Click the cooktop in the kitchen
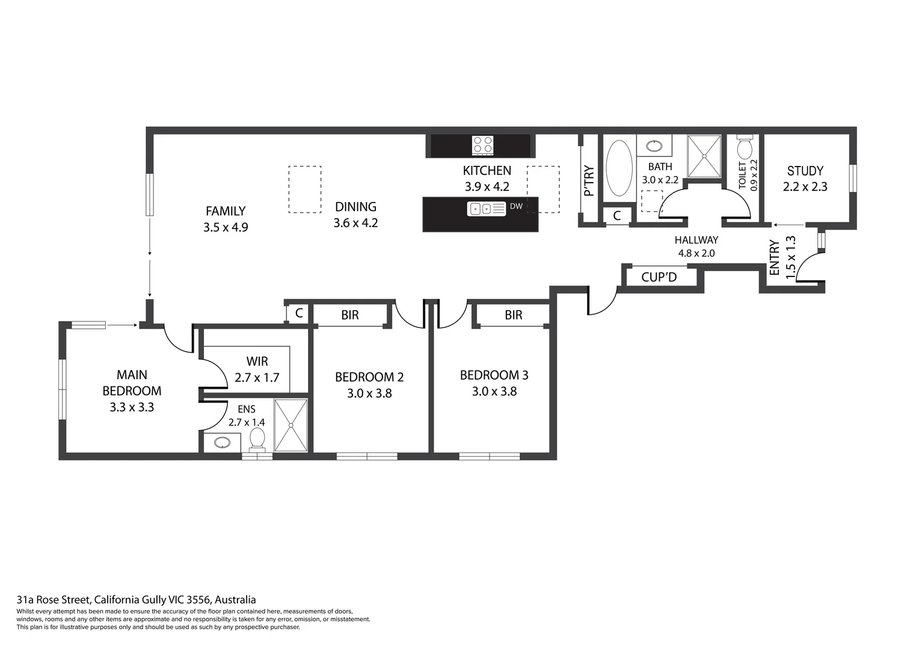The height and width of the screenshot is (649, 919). point(482,145)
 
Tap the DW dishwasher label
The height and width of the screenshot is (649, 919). point(516,206)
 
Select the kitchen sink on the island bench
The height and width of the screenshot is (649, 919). point(486,209)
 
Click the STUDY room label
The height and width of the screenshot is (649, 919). point(805,171)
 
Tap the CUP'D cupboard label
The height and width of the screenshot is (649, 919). point(659,277)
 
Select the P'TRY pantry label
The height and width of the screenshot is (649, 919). point(589,180)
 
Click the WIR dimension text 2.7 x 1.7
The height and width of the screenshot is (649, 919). point(257,378)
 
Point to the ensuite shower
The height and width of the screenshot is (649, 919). point(290,425)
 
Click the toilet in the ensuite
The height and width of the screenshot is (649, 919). point(257,438)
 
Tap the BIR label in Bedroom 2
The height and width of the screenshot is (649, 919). point(349,315)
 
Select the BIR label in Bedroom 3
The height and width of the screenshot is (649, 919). point(513,315)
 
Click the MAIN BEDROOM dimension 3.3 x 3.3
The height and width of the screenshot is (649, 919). point(132,407)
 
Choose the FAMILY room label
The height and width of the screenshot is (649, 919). point(226,211)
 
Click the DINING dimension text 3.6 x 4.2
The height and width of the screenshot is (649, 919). point(355,223)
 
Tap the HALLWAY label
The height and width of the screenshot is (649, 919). point(696,240)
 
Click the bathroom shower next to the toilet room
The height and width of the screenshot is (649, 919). point(704,156)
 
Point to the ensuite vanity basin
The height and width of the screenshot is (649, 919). point(222,443)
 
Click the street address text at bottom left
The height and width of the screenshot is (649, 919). point(136,600)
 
